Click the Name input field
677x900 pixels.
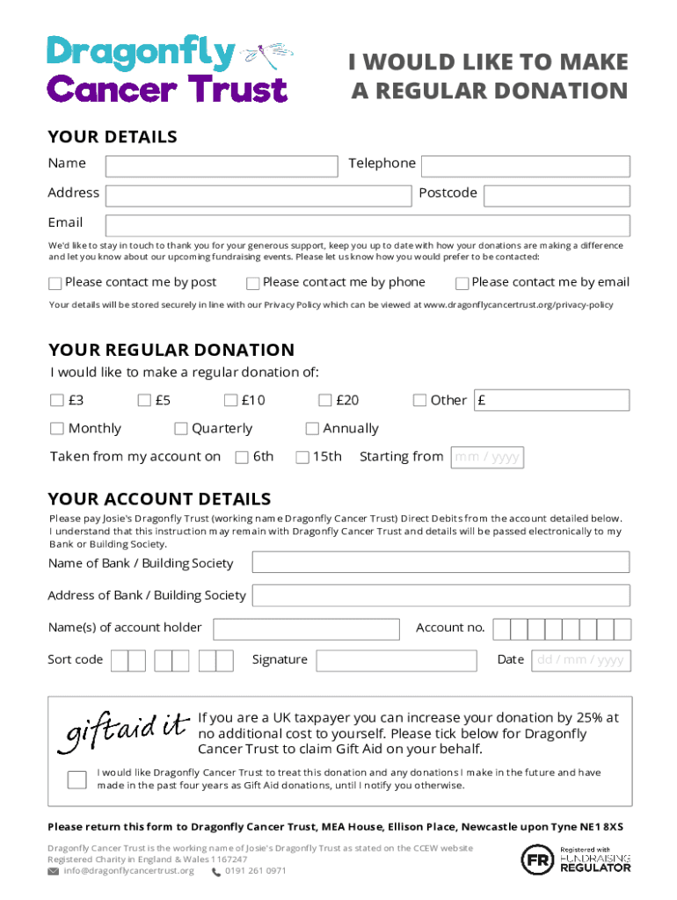(x=222, y=166)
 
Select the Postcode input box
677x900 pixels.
(x=557, y=196)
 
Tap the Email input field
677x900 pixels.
(x=368, y=226)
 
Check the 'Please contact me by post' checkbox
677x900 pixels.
(x=55, y=284)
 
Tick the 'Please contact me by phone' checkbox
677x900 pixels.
(x=253, y=284)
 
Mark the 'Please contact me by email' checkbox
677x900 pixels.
(x=462, y=284)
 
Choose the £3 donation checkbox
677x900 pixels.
(x=57, y=402)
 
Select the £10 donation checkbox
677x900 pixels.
(x=230, y=402)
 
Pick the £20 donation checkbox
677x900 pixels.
(x=325, y=402)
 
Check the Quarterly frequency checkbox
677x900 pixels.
(x=181, y=430)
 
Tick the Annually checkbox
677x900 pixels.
(x=312, y=430)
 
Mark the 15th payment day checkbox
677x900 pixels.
(x=302, y=458)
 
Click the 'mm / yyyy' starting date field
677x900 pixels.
(x=487, y=458)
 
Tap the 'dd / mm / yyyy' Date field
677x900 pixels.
(x=580, y=661)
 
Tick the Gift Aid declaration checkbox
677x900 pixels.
(x=77, y=780)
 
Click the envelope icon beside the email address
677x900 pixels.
(x=54, y=872)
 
